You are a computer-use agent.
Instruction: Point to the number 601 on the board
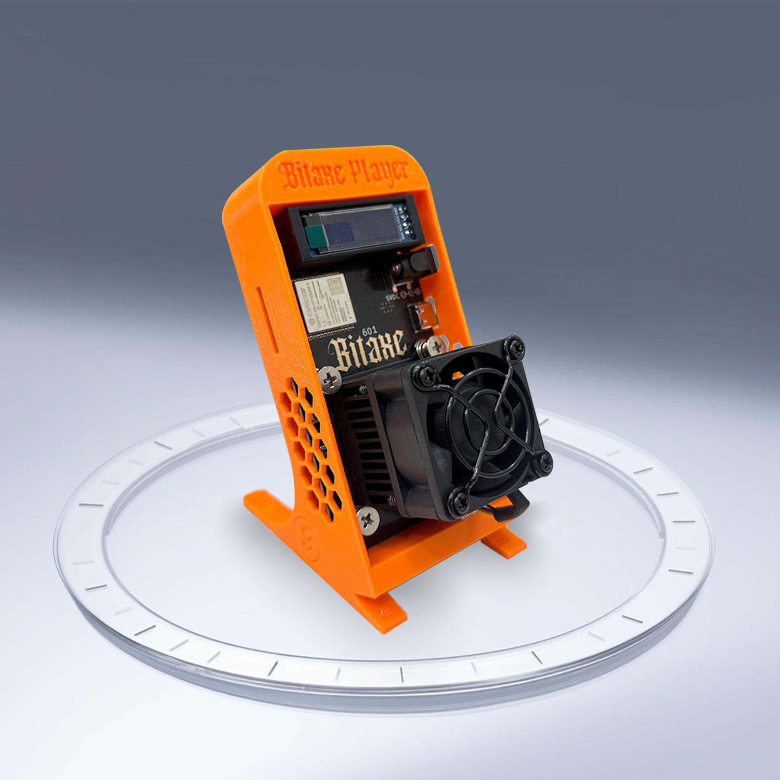point(369,331)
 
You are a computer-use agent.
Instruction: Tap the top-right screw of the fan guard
point(515,345)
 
